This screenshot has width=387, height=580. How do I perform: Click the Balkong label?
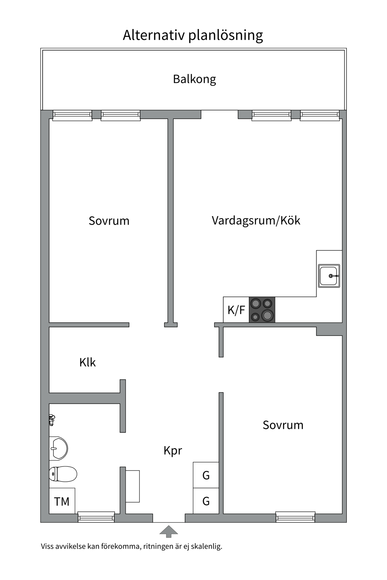pyautogui.click(x=194, y=79)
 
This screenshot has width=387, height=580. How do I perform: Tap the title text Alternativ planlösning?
pyautogui.click(x=193, y=35)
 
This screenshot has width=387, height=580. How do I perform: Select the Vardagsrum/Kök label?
pyautogui.click(x=256, y=221)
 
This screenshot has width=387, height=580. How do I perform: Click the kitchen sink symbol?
pyautogui.click(x=329, y=276)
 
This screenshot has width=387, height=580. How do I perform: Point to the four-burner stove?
pyautogui.click(x=262, y=310)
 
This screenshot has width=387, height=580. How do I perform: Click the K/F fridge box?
pyautogui.click(x=236, y=310)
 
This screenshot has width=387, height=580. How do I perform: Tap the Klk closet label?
pyautogui.click(x=87, y=362)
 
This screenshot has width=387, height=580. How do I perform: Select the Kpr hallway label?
pyautogui.click(x=173, y=450)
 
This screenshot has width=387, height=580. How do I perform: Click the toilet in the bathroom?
pyautogui.click(x=63, y=474)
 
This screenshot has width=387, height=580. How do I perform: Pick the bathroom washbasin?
pyautogui.click(x=58, y=448)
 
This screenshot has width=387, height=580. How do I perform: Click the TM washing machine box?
pyautogui.click(x=62, y=501)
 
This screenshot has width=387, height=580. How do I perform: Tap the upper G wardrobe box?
pyautogui.click(x=206, y=475)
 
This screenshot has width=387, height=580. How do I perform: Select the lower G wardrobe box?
pyautogui.click(x=206, y=501)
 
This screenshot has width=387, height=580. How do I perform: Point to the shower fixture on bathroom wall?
pyautogui.click(x=52, y=420)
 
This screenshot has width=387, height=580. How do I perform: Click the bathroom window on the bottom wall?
pyautogui.click(x=96, y=517)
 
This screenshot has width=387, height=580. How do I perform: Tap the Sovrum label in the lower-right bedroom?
pyautogui.click(x=283, y=425)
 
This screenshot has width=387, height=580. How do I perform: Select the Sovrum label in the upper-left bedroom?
pyautogui.click(x=109, y=221)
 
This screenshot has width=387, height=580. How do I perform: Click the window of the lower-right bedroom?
pyautogui.click(x=295, y=517)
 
